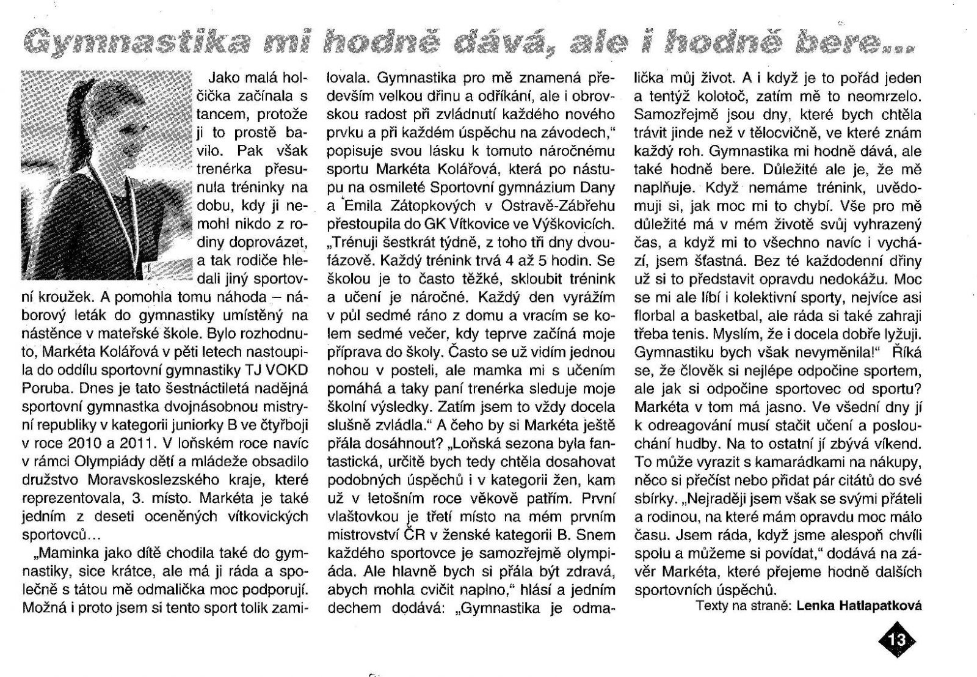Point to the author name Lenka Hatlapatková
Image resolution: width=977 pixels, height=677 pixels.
[x=859, y=606]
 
